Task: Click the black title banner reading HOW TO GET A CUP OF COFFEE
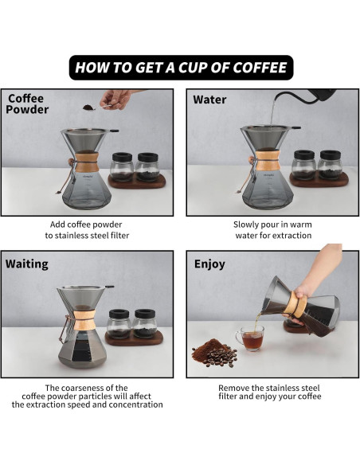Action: (180, 67)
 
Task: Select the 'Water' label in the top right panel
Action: (209, 100)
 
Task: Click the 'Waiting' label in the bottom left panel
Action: (27, 264)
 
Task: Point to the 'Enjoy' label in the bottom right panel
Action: (209, 264)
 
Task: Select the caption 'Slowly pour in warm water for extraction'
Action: (269, 230)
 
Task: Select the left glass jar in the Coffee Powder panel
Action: (122, 166)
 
